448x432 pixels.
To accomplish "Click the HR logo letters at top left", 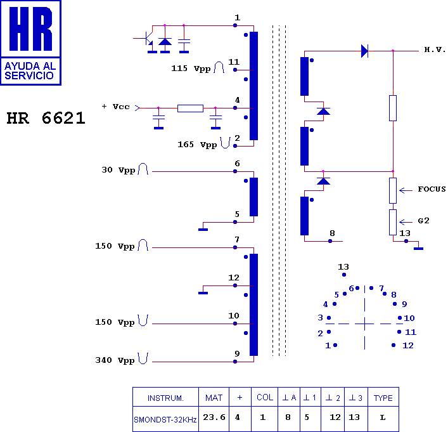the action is click(x=30, y=29).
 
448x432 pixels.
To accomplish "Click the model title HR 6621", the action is click(x=46, y=118).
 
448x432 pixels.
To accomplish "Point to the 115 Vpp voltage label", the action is click(x=191, y=69).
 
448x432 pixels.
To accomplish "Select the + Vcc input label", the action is click(x=115, y=107).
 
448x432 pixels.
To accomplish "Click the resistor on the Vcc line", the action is click(x=190, y=108).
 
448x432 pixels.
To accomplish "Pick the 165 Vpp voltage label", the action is click(x=197, y=145).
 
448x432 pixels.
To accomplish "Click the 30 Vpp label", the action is click(x=118, y=170).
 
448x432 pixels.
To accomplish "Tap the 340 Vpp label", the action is click(x=115, y=360).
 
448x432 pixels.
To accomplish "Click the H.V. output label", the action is click(x=435, y=49).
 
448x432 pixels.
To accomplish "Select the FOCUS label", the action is click(x=432, y=189).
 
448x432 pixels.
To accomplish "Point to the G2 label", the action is click(x=423, y=221).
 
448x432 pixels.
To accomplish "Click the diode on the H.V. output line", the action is click(x=364, y=51).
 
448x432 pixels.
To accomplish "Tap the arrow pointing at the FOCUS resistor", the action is click(x=406, y=190).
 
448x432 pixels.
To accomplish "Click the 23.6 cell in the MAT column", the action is click(x=214, y=417).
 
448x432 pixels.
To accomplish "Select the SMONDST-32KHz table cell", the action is click(x=165, y=420).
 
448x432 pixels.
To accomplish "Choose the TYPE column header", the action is click(x=383, y=398).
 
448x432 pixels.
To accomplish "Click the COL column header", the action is click(x=265, y=397).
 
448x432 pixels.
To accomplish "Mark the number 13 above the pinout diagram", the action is click(x=343, y=267).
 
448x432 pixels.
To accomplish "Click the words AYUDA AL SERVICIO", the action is click(x=30, y=70).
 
